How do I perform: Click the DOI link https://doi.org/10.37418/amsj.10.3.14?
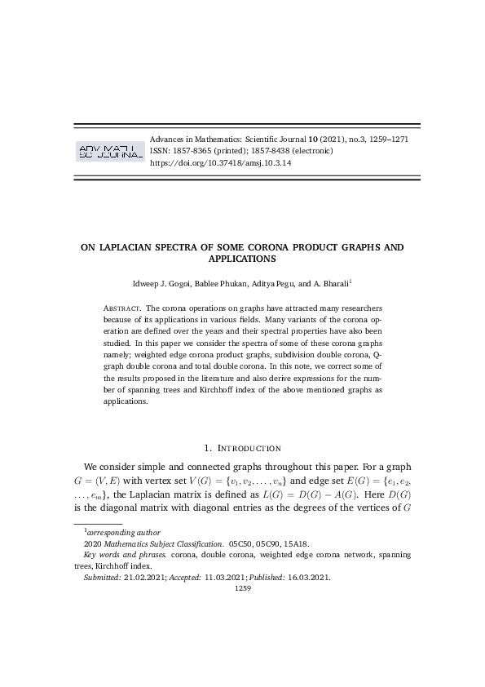click(x=220, y=163)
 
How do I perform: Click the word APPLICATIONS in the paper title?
click(x=242, y=259)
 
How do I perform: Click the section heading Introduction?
click(x=248, y=447)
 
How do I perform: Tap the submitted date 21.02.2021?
click(x=145, y=576)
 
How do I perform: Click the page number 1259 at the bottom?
click(x=242, y=587)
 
